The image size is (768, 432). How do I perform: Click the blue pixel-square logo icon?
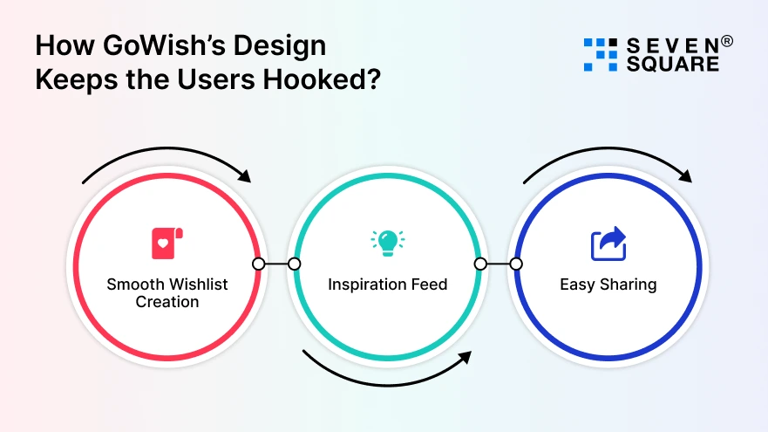(600, 54)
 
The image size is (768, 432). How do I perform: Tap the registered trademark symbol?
(726, 41)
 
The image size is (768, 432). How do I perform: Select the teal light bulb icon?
(387, 242)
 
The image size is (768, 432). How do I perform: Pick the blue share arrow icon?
(608, 243)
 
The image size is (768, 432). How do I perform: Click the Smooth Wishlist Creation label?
(166, 292)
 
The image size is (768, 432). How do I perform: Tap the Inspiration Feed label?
(387, 285)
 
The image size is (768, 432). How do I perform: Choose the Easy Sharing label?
(608, 285)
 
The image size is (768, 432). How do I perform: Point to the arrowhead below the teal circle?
(465, 358)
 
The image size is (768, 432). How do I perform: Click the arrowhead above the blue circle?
(685, 176)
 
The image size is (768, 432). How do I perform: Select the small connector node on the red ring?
(258, 264)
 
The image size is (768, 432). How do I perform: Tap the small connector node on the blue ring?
(516, 264)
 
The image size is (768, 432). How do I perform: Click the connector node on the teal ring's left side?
(295, 264)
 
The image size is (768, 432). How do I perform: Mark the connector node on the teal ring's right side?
(479, 264)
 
